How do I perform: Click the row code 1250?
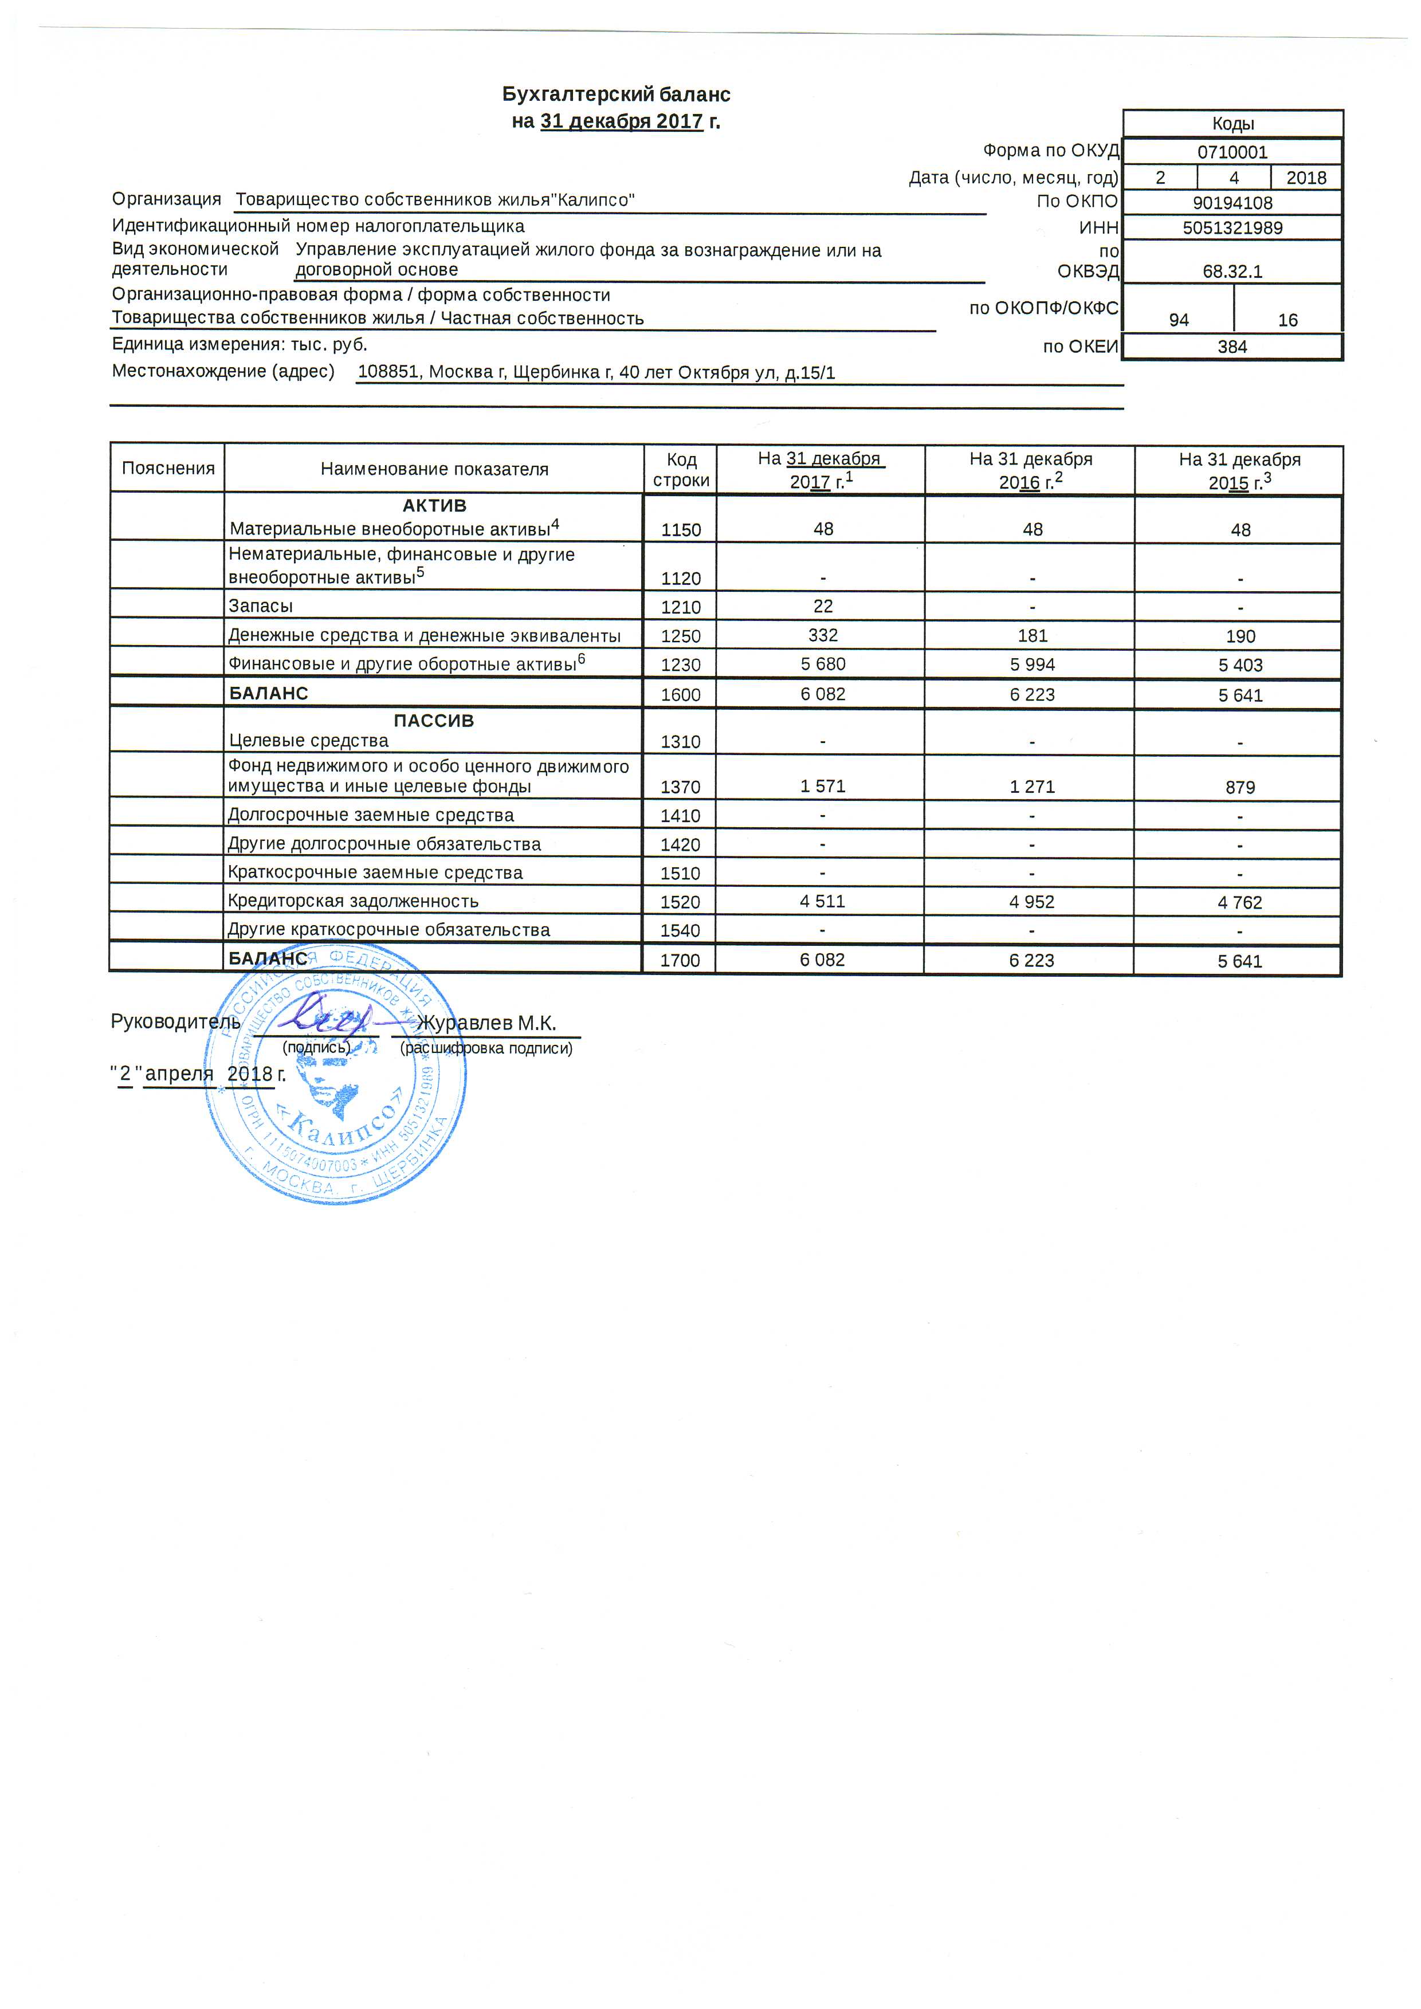click(681, 636)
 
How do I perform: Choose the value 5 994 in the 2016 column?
click(1033, 664)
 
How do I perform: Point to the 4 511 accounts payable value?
click(822, 901)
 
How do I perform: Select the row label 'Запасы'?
click(261, 607)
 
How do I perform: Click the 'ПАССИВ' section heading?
click(433, 721)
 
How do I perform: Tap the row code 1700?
click(680, 961)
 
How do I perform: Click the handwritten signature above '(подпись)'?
click(322, 1017)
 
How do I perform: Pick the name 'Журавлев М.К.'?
click(486, 1023)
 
